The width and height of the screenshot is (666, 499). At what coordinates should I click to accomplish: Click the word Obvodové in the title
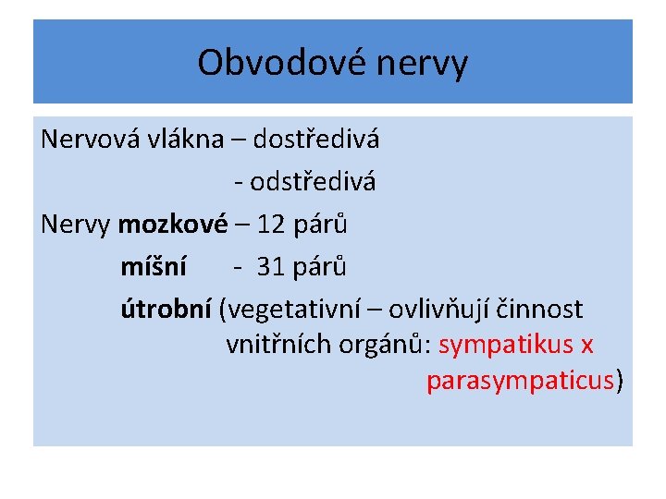[x=263, y=63]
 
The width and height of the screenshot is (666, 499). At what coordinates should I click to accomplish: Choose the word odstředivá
[x=313, y=182]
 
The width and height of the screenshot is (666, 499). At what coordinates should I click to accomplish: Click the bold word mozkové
[x=173, y=224]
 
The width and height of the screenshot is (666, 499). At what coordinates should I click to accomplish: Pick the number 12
[x=274, y=224]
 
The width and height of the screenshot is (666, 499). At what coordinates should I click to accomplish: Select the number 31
[x=271, y=266]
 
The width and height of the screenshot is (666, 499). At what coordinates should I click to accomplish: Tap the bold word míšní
[x=153, y=266]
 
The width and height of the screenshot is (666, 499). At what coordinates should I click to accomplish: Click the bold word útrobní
[x=166, y=309]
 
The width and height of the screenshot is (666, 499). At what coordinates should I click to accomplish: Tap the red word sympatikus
[x=505, y=345]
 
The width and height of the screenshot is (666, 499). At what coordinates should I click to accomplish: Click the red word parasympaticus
[x=521, y=380]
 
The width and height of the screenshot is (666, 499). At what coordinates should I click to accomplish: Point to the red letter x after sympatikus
[x=586, y=345]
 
